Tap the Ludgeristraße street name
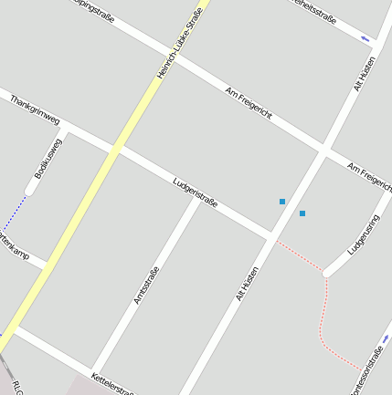coord(195,192)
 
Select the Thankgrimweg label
coord(35,109)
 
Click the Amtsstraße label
coord(146,285)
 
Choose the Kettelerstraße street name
coord(113,384)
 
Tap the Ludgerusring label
coord(363,234)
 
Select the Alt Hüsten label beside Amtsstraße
coord(247,284)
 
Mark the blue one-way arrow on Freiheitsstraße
coord(366,38)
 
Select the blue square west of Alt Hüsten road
coord(282,202)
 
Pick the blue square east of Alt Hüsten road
coord(302,213)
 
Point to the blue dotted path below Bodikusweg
coord(14,213)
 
